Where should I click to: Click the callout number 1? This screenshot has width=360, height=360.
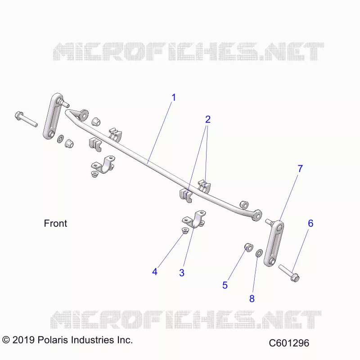[174, 98]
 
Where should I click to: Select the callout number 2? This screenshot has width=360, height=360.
[208, 119]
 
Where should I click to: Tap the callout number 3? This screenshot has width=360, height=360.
[182, 273]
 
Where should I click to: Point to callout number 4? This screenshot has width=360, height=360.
[155, 272]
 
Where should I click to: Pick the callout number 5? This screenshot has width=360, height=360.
[225, 285]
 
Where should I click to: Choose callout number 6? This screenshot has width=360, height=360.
[310, 223]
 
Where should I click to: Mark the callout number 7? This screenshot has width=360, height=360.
[300, 168]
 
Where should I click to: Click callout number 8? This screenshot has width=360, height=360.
[252, 299]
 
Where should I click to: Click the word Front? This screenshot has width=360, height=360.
[55, 223]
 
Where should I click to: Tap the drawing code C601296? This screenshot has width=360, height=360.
[289, 343]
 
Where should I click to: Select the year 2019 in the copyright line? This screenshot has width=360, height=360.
[23, 340]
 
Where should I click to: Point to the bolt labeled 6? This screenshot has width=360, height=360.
[289, 273]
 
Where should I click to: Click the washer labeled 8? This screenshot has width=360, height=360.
[259, 253]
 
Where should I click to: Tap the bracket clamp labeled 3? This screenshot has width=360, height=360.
[194, 219]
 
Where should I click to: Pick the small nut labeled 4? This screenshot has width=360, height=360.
[185, 230]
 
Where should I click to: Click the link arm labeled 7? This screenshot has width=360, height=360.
[274, 243]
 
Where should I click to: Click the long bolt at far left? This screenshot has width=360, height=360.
[26, 119]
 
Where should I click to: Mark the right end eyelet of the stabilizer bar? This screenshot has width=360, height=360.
[257, 215]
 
